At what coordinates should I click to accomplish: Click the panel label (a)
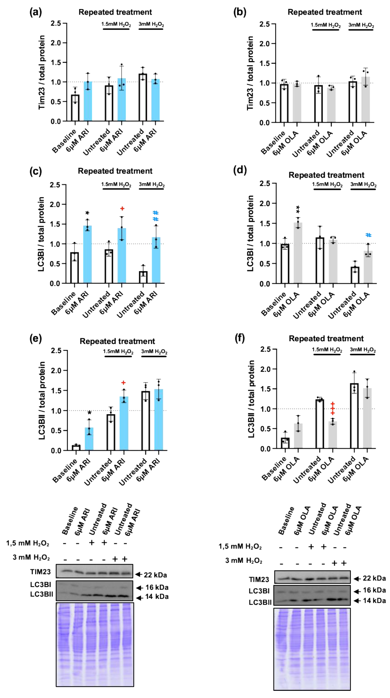(36, 12)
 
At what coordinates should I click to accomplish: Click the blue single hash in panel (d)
(368, 235)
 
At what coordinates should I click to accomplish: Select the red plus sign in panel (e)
(123, 383)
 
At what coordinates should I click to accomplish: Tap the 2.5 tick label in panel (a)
(56, 23)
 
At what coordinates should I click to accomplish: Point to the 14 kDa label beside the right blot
(374, 601)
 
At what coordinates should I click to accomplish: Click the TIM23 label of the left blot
(40, 572)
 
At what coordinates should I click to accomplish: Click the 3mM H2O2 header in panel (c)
(152, 184)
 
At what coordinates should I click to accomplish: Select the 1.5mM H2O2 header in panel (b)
(325, 25)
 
